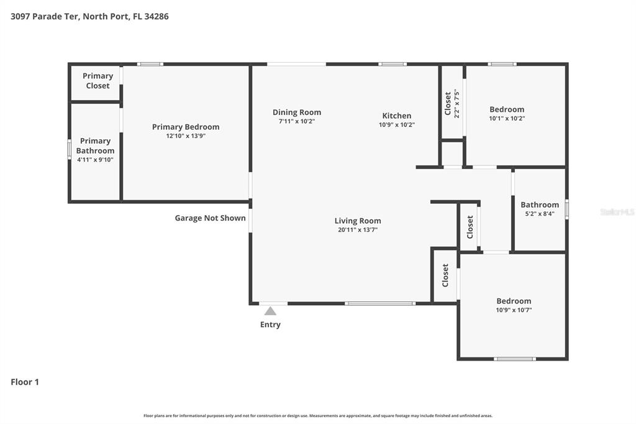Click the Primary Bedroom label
[186, 127]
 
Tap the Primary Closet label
[98, 81]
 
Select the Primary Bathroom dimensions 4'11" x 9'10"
[95, 160]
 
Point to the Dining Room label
[297, 113]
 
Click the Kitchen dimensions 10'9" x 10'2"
[397, 124]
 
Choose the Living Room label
[358, 221]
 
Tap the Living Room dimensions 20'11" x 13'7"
[358, 229]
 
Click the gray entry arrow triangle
[270, 311]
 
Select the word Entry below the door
[270, 325]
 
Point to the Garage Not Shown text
[210, 218]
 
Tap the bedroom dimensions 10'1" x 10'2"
[507, 118]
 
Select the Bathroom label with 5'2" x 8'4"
[539, 205]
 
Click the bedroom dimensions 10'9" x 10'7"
[513, 310]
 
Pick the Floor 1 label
[25, 382]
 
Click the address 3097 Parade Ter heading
[89, 17]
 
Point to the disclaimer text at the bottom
[318, 415]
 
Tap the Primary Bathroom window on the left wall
[70, 150]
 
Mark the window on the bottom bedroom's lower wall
[514, 359]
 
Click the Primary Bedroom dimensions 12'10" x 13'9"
[186, 136]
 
